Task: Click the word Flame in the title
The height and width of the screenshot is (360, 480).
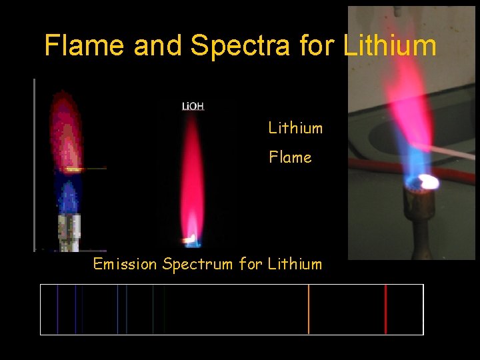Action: point(84,46)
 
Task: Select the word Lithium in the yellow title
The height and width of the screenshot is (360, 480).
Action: point(390,46)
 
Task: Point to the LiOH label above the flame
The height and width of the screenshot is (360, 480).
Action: point(193,106)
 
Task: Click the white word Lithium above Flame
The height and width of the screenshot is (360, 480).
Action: point(295,128)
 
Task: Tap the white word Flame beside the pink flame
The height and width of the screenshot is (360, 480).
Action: point(290,157)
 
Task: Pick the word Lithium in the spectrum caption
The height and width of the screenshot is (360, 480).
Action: point(295,264)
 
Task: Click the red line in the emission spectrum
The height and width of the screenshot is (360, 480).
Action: point(385,309)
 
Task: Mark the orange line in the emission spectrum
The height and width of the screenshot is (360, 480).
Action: point(309,309)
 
